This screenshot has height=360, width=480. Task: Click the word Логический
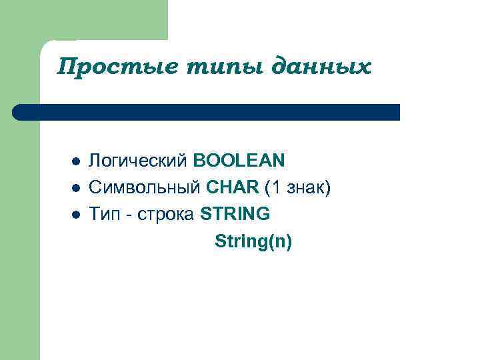tap(139, 161)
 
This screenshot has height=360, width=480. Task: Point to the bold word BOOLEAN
tap(239, 161)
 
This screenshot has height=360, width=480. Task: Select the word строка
tap(165, 215)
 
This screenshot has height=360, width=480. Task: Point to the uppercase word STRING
tap(235, 214)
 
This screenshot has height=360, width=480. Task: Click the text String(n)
tap(253, 241)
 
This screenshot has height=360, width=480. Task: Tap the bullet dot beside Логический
tap(76, 161)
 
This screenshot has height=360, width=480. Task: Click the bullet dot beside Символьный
tap(76, 188)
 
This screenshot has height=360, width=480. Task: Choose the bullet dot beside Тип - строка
tap(76, 215)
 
